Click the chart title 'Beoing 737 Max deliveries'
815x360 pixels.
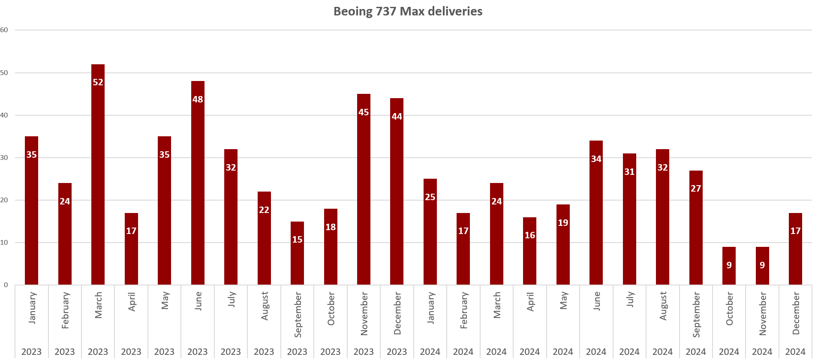pyautogui.click(x=408, y=11)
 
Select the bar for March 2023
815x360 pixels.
pyautogui.click(x=98, y=180)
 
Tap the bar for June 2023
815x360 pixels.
pyautogui.click(x=198, y=189)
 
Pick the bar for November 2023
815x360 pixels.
pyautogui.click(x=364, y=193)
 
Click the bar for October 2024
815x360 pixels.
pyautogui.click(x=729, y=270)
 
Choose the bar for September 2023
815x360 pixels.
pyautogui.click(x=297, y=257)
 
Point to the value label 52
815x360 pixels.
pyautogui.click(x=98, y=82)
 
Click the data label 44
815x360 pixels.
pyautogui.click(x=397, y=117)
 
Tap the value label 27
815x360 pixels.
pyautogui.click(x=696, y=189)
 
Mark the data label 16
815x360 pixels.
pyautogui.click(x=530, y=235)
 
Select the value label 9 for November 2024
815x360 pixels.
pyautogui.click(x=762, y=265)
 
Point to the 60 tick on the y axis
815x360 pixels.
pyautogui.click(x=4, y=30)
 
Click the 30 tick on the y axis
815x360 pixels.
pyautogui.click(x=4, y=158)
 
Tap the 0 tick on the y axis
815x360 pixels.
pyautogui.click(x=6, y=285)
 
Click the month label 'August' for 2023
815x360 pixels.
pyautogui.click(x=265, y=306)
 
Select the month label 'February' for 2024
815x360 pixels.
pyautogui.click(x=463, y=310)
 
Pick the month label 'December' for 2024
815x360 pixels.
pyautogui.click(x=796, y=313)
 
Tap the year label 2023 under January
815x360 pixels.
pyautogui.click(x=32, y=352)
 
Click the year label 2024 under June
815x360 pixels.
pyautogui.click(x=596, y=352)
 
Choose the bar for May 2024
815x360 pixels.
pyautogui.click(x=563, y=249)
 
